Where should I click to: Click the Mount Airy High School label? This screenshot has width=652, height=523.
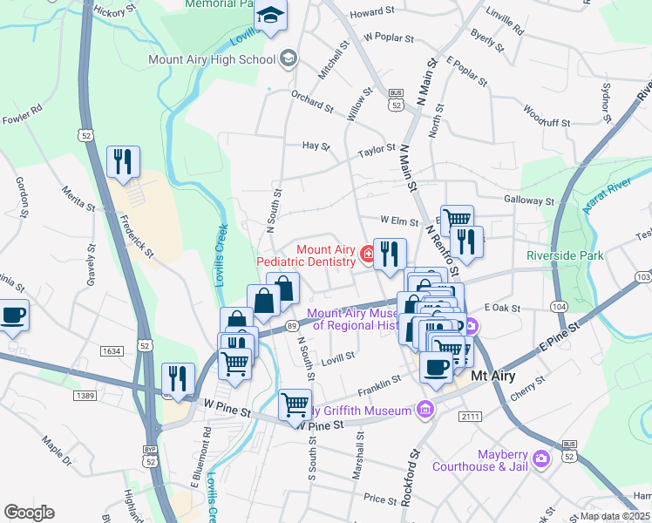pos(213,59)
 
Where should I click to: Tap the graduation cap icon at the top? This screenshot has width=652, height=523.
pos(270,17)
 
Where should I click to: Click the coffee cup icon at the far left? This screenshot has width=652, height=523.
pos(13,315)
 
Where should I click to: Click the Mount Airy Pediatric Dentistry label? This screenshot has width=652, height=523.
pos(306,255)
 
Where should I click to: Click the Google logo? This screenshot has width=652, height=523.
pos(29,513)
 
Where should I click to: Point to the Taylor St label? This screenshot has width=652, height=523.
pos(377,151)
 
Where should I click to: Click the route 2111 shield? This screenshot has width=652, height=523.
pos(471,417)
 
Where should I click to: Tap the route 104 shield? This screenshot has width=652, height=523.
pos(559,307)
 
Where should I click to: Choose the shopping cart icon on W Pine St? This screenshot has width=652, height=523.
pos(295,404)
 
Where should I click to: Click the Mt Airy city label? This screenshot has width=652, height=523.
pos(492,377)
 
